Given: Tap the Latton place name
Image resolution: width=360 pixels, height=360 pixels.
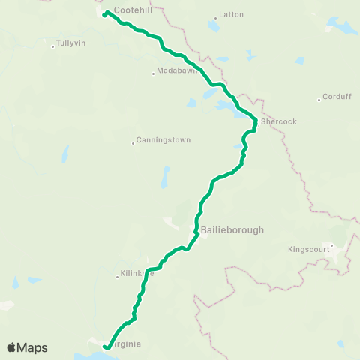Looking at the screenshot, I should pos(227,15).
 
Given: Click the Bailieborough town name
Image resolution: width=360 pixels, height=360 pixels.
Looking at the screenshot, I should pos(232,230).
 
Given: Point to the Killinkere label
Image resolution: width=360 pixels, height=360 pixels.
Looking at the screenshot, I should pos(136,274).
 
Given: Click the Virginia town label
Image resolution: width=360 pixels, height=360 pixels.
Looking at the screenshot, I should pos(125,345).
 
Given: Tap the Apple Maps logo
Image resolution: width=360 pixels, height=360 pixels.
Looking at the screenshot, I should pos(27,347).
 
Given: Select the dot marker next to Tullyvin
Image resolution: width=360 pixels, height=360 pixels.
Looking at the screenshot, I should pos(52,47).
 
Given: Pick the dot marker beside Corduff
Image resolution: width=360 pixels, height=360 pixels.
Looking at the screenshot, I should pos(319,97).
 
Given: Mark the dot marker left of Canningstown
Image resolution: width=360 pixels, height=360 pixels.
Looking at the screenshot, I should pos(133,142).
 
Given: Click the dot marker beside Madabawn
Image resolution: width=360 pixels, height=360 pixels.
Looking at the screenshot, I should pos(153,73).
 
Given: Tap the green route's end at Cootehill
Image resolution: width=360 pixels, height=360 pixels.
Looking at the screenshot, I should pos(104,14).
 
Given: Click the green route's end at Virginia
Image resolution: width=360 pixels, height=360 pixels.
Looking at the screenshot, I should pos(106,347).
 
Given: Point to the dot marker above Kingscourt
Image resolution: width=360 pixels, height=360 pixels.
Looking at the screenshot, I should pos(331,244).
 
